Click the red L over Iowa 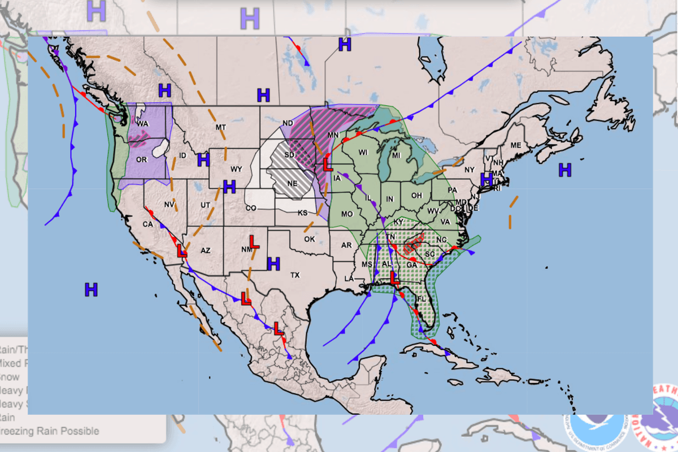pyautogui.click(x=327, y=164)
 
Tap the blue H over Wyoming pyautogui.click(x=229, y=186)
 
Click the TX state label pyautogui.click(x=294, y=275)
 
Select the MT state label pyautogui.click(x=220, y=128)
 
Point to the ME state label pyautogui.click(x=515, y=145)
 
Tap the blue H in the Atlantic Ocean pyautogui.click(x=564, y=169)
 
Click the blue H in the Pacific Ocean pyautogui.click(x=91, y=290)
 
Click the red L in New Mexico pyautogui.click(x=254, y=243)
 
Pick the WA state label pyautogui.click(x=142, y=124)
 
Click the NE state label pyautogui.click(x=292, y=184)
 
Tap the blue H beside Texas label pyautogui.click(x=273, y=263)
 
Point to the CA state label pyautogui.click(x=147, y=224)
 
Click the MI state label pyautogui.click(x=396, y=155)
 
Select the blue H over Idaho pyautogui.click(x=203, y=160)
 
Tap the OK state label pyautogui.click(x=309, y=239)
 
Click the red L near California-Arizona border pyautogui.click(x=182, y=251)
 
